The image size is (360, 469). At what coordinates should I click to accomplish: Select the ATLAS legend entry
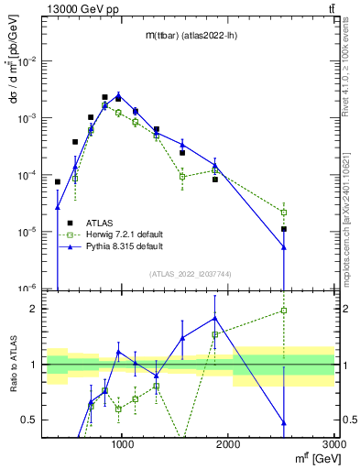coord(100,222)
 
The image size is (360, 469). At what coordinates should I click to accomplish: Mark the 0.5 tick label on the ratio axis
coord(29,420)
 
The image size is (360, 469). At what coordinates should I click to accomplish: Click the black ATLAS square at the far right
coord(284,229)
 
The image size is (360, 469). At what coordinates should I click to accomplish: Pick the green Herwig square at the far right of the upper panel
coord(284,213)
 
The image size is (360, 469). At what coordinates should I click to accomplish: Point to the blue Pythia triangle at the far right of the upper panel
coord(284,246)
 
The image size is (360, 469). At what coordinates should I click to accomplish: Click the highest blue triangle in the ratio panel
coord(215,318)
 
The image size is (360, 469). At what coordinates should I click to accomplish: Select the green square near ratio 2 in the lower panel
coord(284,311)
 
